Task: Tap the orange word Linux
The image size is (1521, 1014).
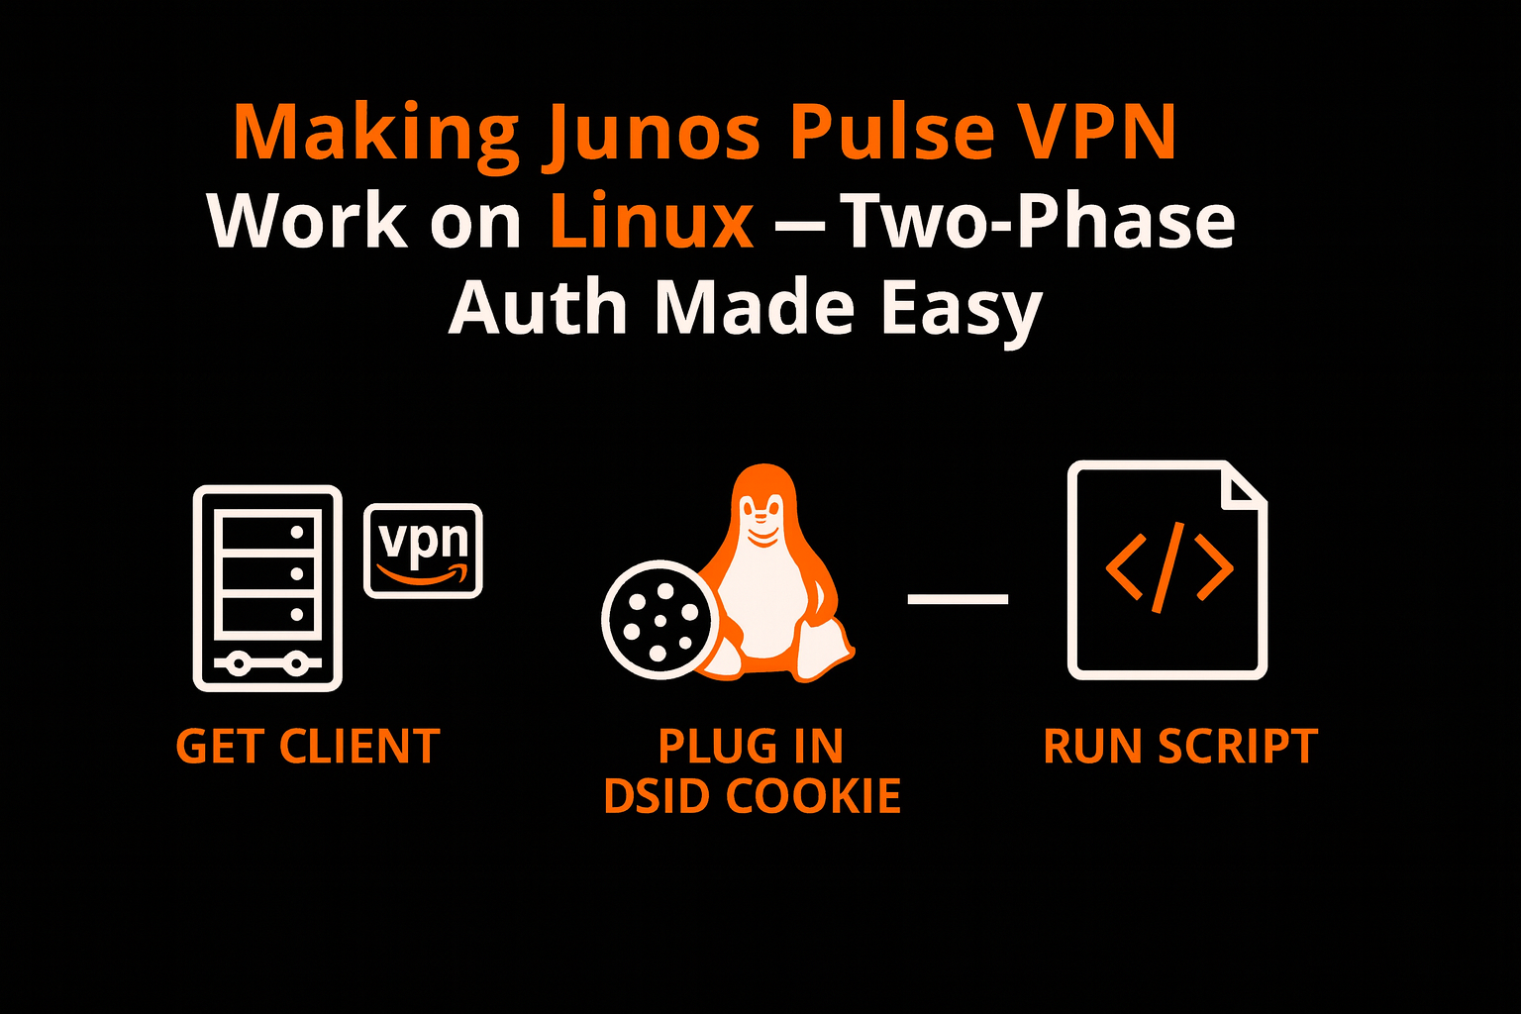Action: pyautogui.click(x=652, y=220)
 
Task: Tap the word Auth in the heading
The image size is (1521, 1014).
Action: pyautogui.click(x=537, y=308)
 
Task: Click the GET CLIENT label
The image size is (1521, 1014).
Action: pyautogui.click(x=307, y=747)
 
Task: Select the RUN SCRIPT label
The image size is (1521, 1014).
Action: pyautogui.click(x=1179, y=747)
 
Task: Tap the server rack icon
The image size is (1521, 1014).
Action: pyautogui.click(x=267, y=587)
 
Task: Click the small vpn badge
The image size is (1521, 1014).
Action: pyautogui.click(x=423, y=551)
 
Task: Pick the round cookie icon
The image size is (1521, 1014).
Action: pyautogui.click(x=656, y=619)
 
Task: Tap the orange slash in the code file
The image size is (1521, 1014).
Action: pyautogui.click(x=1168, y=569)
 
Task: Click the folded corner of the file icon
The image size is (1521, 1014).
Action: pyautogui.click(x=1244, y=484)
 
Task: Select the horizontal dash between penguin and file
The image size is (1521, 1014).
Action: pyautogui.click(x=958, y=598)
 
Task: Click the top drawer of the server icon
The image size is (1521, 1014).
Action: pyautogui.click(x=267, y=533)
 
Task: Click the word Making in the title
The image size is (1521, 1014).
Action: pyautogui.click(x=375, y=132)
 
